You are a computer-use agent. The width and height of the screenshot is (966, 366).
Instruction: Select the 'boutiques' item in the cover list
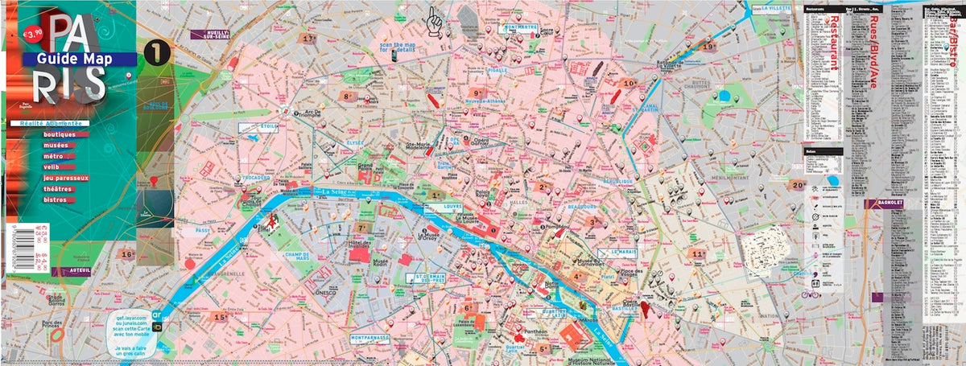coord(64,134)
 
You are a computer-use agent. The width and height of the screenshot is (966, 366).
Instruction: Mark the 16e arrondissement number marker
coord(126,254)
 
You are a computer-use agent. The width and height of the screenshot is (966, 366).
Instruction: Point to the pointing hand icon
coord(435,17)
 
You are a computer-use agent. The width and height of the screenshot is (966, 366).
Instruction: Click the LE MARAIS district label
coord(623,252)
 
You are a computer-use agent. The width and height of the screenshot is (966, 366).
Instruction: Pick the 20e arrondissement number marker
coord(798,184)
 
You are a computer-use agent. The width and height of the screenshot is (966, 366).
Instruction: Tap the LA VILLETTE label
coord(773,9)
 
